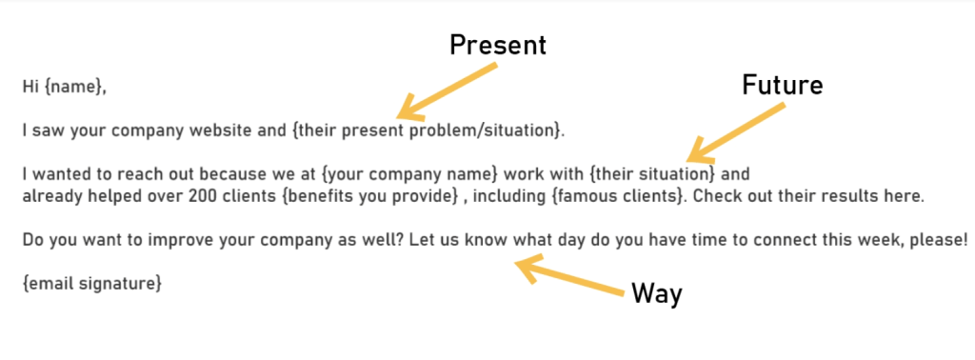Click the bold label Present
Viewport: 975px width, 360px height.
pyautogui.click(x=499, y=45)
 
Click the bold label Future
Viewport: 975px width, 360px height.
pyautogui.click(x=782, y=85)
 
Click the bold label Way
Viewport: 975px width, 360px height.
pyautogui.click(x=657, y=293)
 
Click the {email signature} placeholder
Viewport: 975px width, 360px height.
pyautogui.click(x=91, y=283)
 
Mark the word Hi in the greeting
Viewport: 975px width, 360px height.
pyautogui.click(x=30, y=87)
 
